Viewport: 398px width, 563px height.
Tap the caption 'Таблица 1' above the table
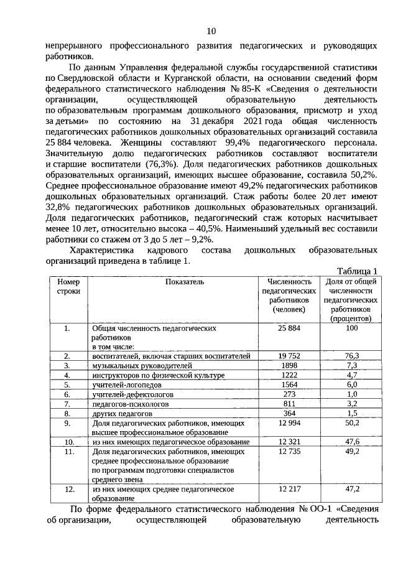tap(358, 271)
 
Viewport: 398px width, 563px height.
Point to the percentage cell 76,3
tap(351, 355)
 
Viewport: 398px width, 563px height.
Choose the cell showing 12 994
tap(289, 422)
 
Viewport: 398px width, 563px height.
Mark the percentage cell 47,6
tap(351, 442)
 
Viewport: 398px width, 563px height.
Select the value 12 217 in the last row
tap(289, 489)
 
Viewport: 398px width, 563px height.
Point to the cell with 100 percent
tap(351, 327)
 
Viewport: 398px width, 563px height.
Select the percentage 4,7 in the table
tap(351, 375)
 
